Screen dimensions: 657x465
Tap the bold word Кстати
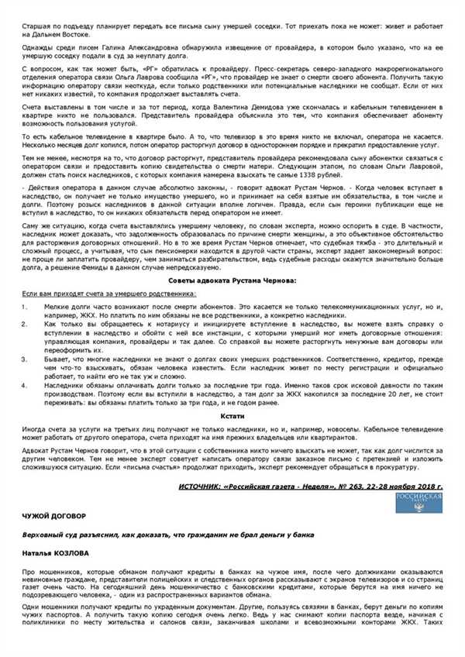233,416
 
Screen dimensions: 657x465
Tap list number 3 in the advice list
26,359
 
